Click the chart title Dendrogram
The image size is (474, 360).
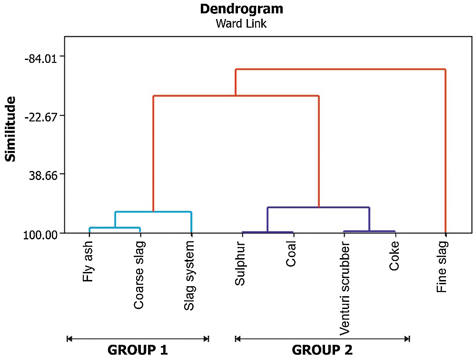click(x=241, y=9)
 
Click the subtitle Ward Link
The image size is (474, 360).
click(x=241, y=24)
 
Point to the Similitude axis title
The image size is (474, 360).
click(x=10, y=129)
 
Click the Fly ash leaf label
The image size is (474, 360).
click(x=88, y=261)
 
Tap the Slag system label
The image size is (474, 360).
click(x=189, y=276)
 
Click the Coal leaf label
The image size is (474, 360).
click(x=291, y=257)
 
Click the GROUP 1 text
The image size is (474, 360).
click(x=138, y=350)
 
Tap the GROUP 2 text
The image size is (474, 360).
click(x=322, y=350)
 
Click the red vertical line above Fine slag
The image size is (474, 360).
click(x=445, y=152)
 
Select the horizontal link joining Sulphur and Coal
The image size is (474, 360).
click(x=267, y=232)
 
